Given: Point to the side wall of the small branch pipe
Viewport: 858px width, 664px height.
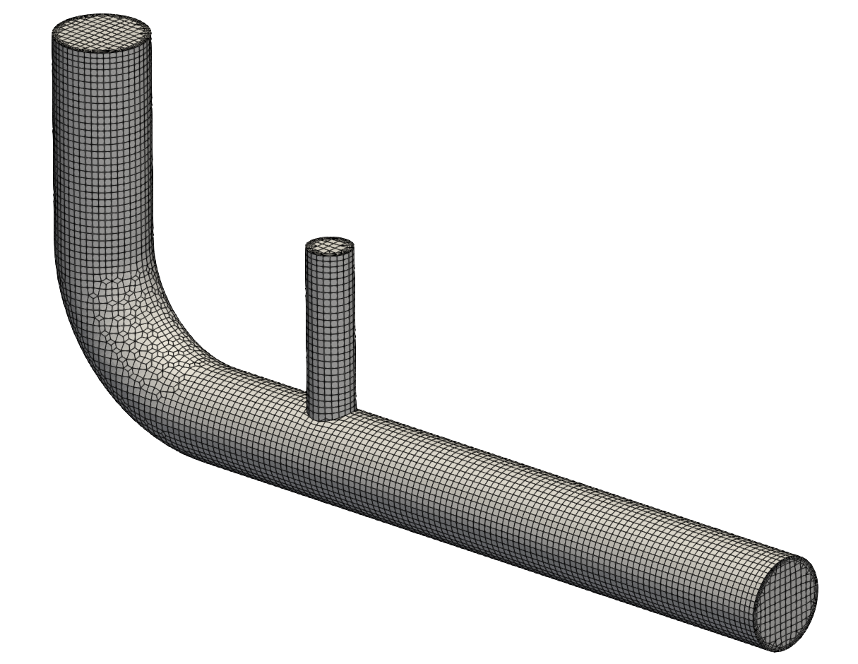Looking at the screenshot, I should [329, 332].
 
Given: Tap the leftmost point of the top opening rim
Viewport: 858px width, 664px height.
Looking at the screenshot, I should [52, 32].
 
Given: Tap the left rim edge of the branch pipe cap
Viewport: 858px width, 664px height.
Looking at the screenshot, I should [305, 247].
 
